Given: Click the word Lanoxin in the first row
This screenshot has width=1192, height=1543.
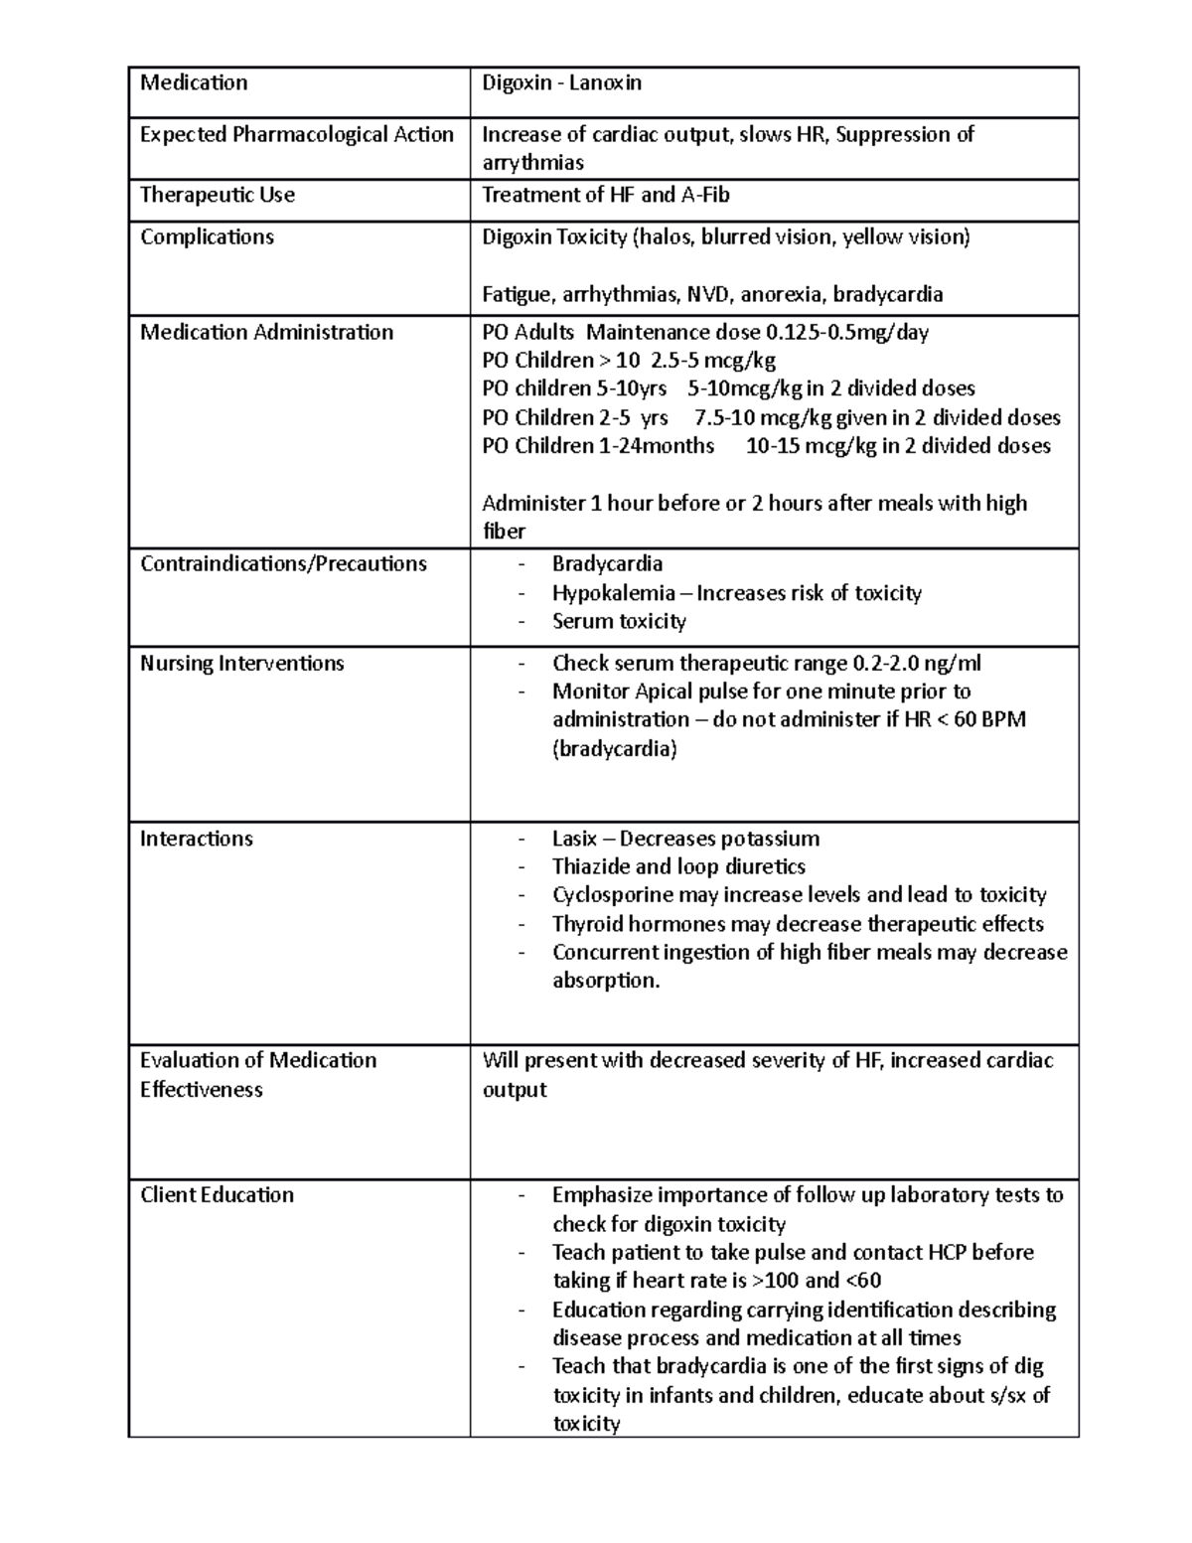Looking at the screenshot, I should click(605, 83).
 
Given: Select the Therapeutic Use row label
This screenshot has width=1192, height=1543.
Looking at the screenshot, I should click(218, 195).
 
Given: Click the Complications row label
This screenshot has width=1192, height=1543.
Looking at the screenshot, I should click(207, 236).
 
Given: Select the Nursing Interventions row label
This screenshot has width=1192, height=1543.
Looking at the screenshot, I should click(241, 663).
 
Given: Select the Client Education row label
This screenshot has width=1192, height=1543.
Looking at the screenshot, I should click(217, 1195).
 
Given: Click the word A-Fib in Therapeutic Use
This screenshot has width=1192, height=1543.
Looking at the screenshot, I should click(705, 195).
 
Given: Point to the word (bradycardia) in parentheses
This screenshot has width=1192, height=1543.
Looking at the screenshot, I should click(614, 748).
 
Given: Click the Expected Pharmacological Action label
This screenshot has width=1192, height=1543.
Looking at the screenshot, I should click(296, 134).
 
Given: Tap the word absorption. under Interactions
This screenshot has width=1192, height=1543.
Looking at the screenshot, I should click(606, 981).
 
